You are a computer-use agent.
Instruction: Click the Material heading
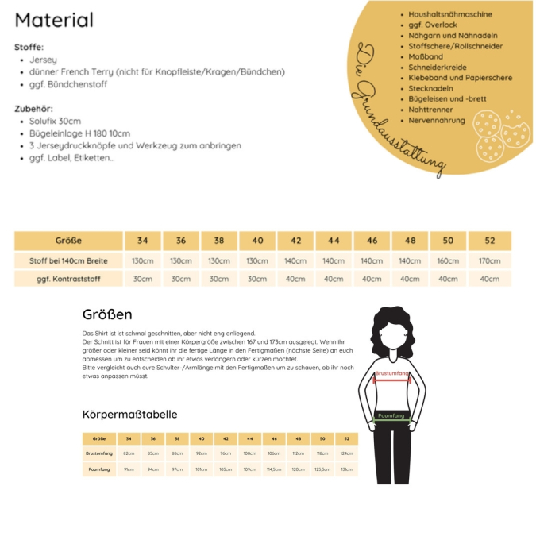54,21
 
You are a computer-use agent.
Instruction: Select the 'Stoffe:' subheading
29,47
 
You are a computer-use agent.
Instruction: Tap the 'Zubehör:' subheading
33,108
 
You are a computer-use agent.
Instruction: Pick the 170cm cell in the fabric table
489,260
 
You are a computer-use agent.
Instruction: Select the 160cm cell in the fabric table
448,260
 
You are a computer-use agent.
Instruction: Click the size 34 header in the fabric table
142,241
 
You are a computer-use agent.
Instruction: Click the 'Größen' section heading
107,314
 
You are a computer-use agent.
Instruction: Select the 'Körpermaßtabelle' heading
129,415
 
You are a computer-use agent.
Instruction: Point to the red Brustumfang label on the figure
392,373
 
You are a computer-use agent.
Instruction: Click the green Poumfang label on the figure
391,415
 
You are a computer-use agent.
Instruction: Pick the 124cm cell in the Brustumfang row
347,453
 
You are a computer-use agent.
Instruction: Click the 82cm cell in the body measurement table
129,453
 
